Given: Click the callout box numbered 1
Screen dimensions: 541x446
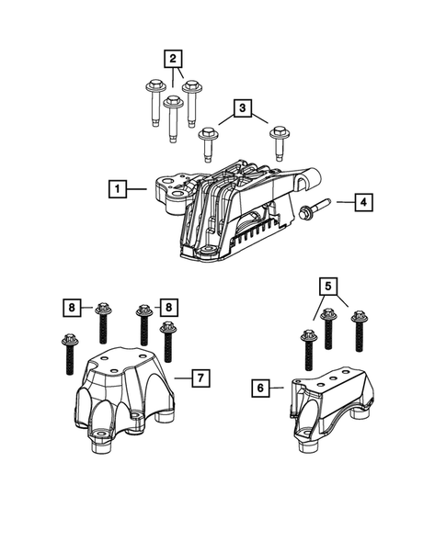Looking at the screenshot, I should (117, 189).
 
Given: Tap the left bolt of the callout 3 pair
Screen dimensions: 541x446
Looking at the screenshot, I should (208, 141).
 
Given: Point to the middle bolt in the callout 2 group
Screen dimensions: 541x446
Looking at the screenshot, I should (172, 118).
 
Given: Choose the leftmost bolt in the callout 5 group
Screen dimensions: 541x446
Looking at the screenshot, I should (307, 348).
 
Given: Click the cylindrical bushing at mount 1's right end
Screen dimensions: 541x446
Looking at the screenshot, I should (310, 178).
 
